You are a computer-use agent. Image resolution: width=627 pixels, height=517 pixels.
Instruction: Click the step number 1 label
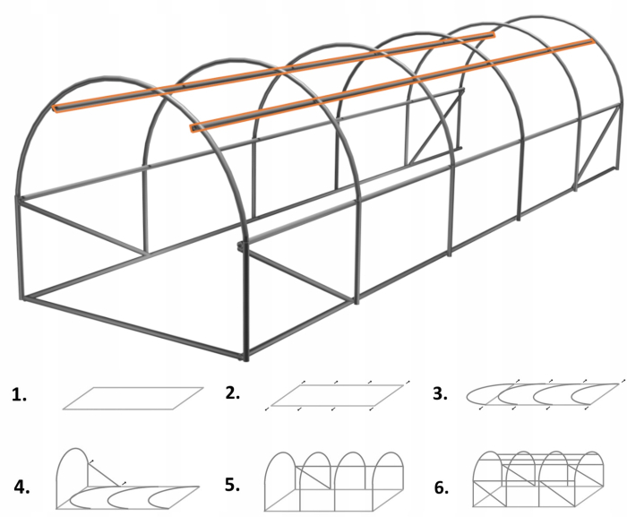click(x=20, y=394)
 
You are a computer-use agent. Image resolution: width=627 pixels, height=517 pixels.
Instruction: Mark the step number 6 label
click(x=440, y=487)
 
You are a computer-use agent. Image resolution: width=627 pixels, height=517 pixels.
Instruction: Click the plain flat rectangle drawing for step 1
click(x=133, y=398)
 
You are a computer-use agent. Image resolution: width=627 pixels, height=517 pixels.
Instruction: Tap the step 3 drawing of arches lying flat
click(x=543, y=395)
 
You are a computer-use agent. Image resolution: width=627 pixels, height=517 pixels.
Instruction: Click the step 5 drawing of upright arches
click(x=336, y=479)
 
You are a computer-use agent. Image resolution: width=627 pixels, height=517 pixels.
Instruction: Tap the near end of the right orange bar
click(x=193, y=130)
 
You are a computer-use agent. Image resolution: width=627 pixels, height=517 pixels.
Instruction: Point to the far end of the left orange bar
click(x=491, y=36)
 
